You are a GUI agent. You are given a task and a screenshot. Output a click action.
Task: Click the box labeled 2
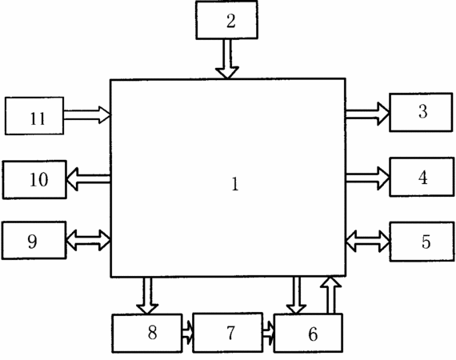pos(226,20)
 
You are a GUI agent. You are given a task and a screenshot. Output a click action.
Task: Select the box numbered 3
pos(421,112)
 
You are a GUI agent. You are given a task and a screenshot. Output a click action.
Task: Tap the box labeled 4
pos(422,177)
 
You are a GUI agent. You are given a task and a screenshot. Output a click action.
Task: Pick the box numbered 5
pos(422,242)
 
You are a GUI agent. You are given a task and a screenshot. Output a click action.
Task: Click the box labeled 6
pos(308,333)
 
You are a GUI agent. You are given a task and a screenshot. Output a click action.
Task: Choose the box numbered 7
pos(228,332)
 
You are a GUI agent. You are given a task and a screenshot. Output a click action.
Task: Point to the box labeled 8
pos(147,334)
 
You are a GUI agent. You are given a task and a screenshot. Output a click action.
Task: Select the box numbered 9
pos(34,240)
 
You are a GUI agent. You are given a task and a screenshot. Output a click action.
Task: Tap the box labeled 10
pos(34,180)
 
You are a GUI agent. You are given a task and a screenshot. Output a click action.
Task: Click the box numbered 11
pos(34,116)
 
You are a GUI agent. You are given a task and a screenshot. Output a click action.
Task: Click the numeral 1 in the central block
pos(235,184)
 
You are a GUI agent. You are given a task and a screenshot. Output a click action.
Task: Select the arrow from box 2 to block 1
pos(227,58)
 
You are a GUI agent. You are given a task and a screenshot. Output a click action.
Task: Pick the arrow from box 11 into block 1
pos(87,115)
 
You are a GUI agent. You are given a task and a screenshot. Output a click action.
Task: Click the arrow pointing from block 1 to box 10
pos(88,179)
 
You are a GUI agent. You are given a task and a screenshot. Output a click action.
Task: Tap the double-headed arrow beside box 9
pos(88,240)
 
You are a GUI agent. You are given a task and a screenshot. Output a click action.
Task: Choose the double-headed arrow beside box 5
pos(367,241)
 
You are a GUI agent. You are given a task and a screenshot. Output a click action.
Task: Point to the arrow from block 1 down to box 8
pos(147,296)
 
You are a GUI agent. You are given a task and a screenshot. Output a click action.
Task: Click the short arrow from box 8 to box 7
pos(187,333)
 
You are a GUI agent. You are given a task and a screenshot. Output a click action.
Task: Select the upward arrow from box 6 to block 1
pos(330,295)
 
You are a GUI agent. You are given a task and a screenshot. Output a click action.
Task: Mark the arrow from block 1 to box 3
pos(367,114)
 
